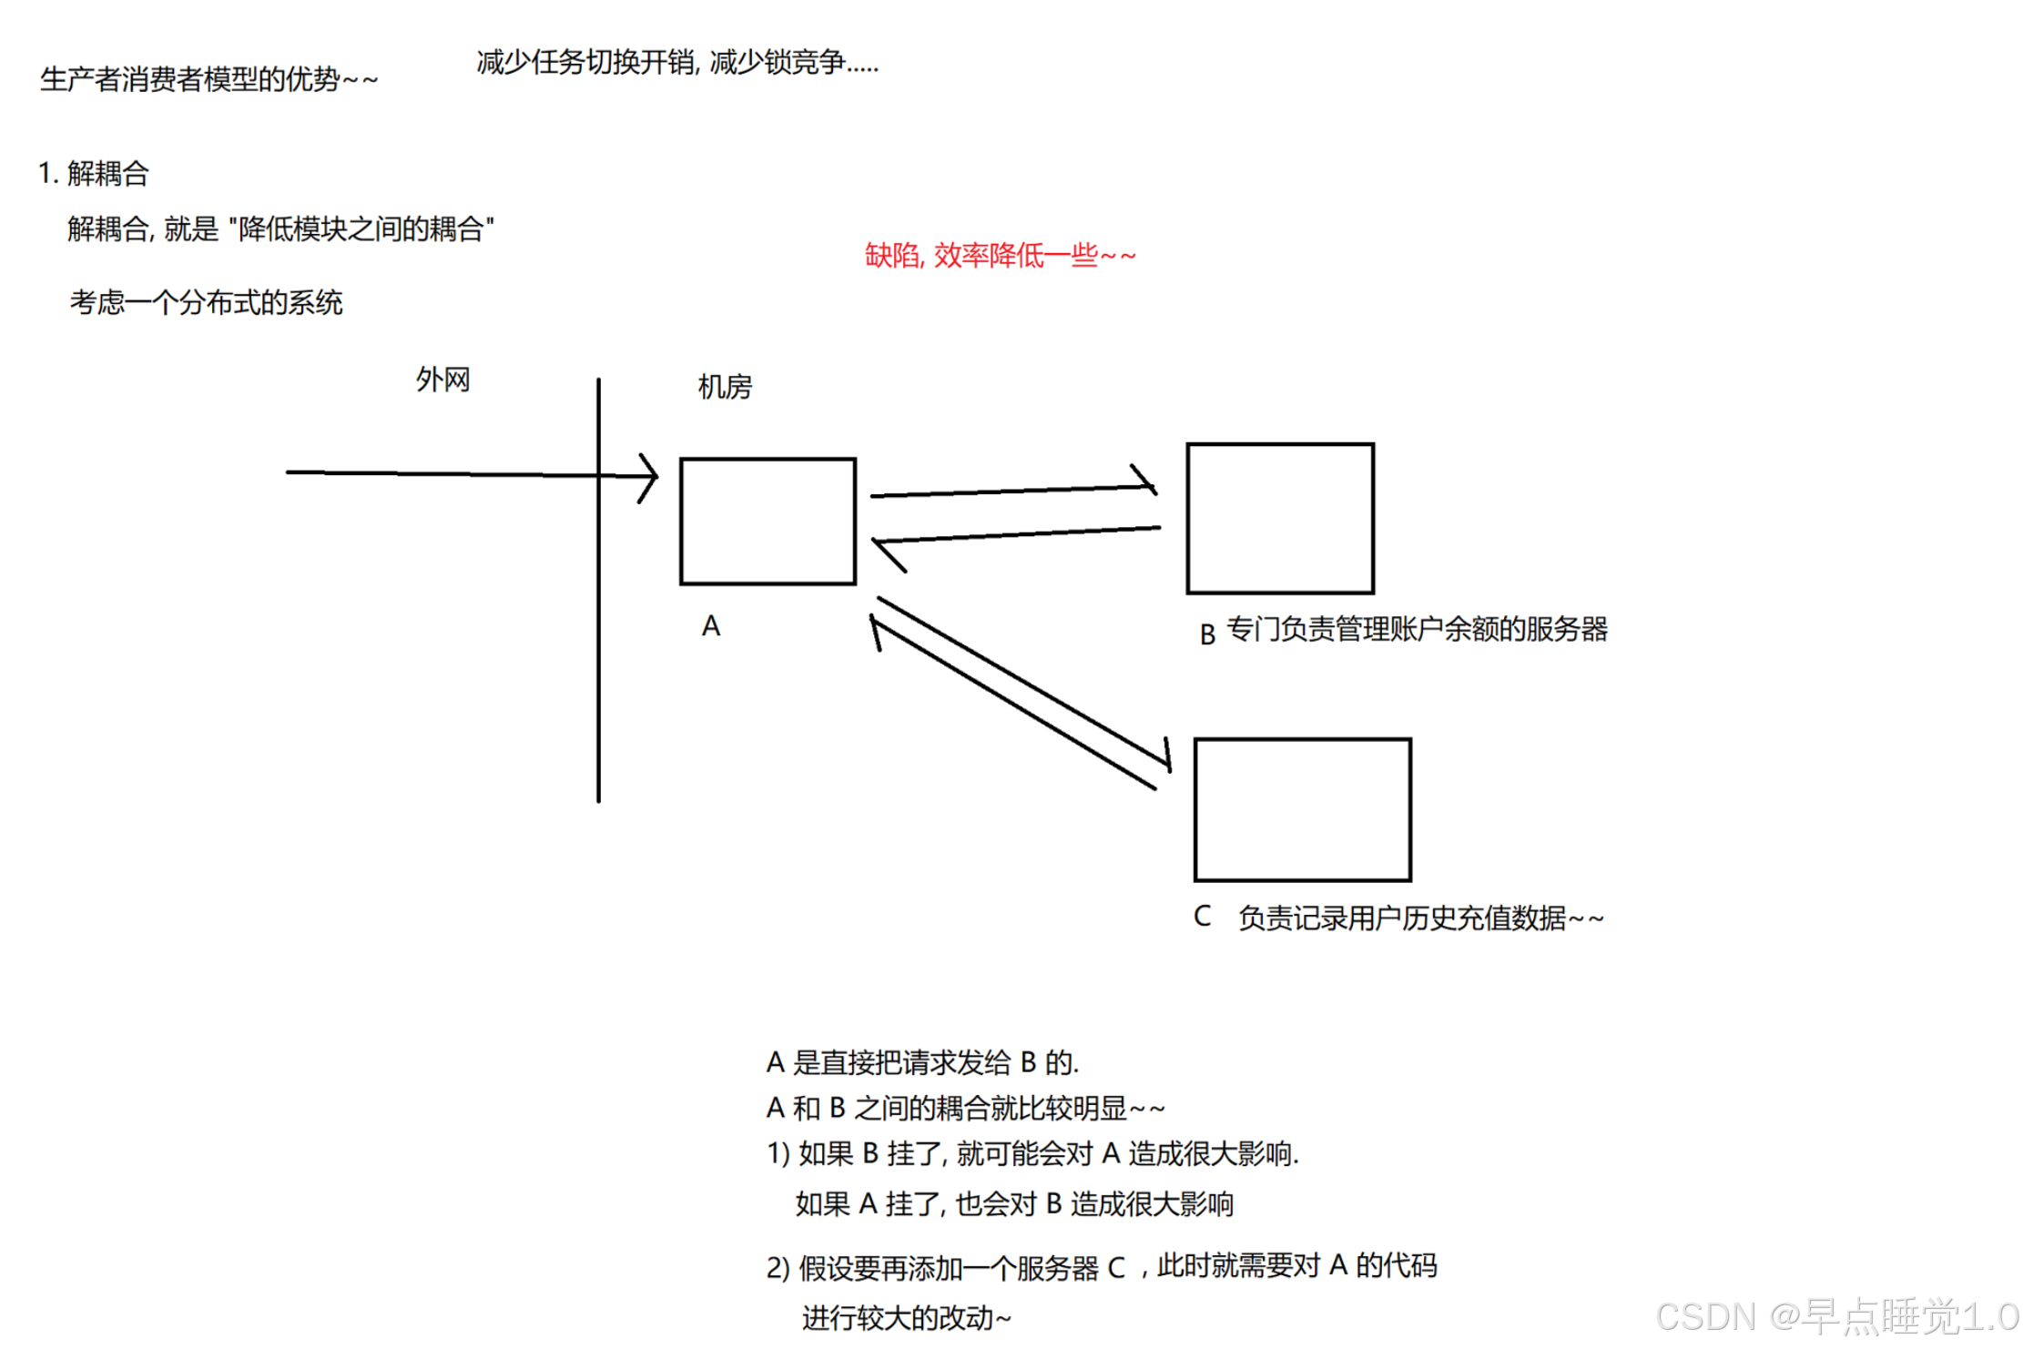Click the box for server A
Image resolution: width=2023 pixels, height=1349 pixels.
(768, 521)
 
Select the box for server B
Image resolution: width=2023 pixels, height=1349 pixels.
(1280, 518)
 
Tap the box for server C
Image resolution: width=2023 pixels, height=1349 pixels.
(1302, 809)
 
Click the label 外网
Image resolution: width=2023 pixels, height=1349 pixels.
(442, 380)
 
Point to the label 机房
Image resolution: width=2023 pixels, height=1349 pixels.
(725, 387)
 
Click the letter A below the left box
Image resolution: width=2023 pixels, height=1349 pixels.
(711, 626)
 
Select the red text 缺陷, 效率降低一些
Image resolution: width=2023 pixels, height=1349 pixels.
(1000, 256)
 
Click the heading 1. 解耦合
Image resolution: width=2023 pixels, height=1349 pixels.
(94, 173)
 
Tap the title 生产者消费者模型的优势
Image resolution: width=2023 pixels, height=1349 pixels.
(208, 79)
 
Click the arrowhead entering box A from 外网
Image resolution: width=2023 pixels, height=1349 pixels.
(648, 477)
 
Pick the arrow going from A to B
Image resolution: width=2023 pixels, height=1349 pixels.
(1011, 491)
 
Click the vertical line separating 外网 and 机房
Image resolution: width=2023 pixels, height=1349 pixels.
(598, 637)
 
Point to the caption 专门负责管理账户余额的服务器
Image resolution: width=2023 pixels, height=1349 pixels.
(1417, 629)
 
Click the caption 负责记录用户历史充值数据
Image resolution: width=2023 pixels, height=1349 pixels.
(1420, 918)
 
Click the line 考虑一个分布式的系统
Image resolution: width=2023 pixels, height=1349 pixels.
(207, 302)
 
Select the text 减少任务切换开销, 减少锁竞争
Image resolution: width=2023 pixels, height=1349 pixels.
(677, 62)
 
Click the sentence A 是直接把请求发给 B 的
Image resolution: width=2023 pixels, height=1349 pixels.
(922, 1062)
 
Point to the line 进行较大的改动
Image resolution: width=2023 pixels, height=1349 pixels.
(906, 1317)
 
